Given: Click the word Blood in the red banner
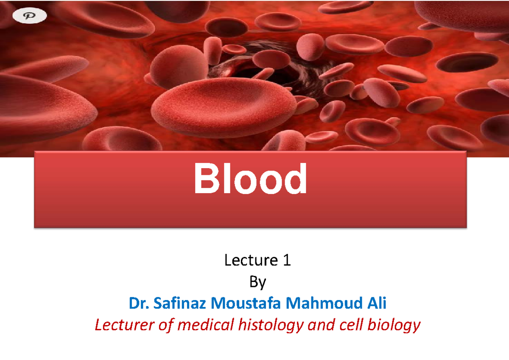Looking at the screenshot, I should point(250,179).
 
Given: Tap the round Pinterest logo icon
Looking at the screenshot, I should point(30,16).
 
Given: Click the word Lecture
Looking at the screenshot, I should point(249,260).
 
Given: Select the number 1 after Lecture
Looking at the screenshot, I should point(287,260).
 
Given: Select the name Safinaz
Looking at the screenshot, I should point(179,304).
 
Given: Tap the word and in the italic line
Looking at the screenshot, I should point(321,325).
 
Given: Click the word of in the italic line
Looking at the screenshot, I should point(166,325).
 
